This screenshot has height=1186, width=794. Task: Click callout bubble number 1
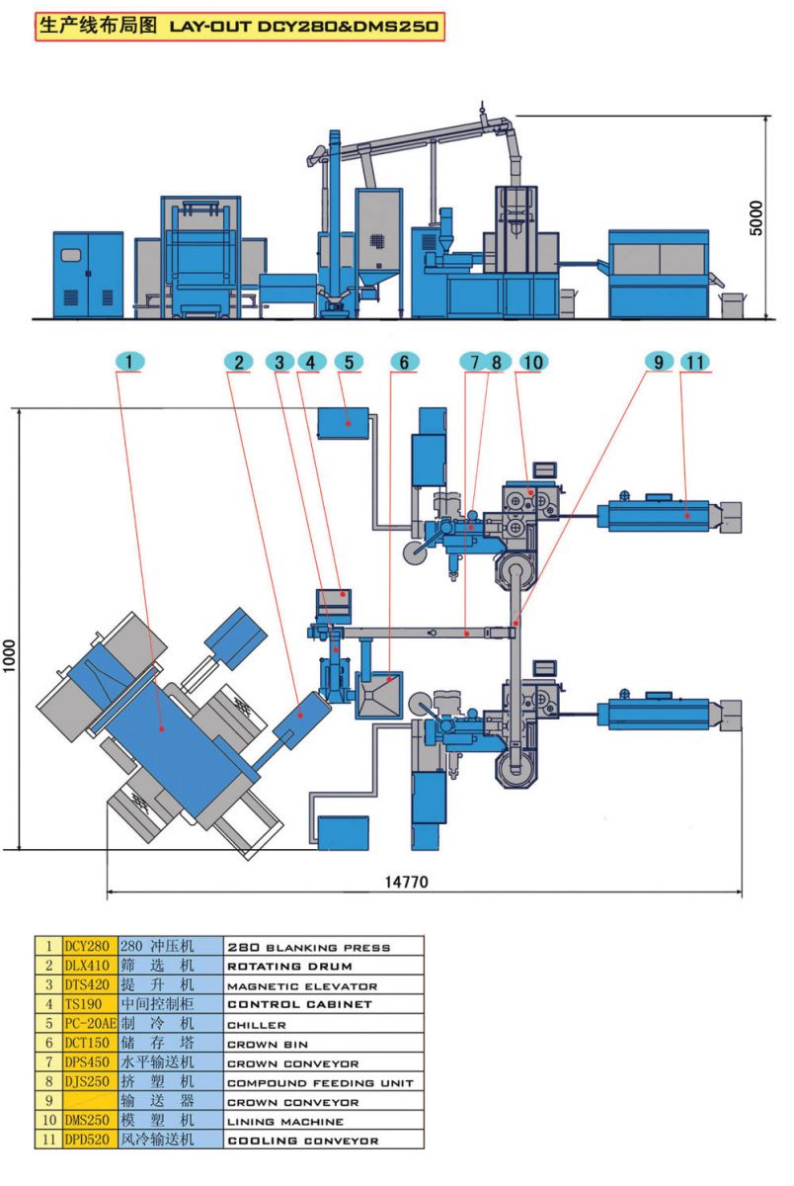click(129, 363)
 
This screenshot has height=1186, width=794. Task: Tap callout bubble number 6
click(402, 363)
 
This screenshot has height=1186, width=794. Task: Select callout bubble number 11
click(695, 363)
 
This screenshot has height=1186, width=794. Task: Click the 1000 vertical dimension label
click(9, 652)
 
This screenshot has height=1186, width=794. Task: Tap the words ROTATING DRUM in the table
click(289, 966)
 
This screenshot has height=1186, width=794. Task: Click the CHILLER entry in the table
click(257, 1025)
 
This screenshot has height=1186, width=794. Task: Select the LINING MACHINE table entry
click(285, 1122)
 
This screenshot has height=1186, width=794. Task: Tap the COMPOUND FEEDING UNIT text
click(320, 1083)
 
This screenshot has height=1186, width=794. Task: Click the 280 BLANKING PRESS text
click(308, 947)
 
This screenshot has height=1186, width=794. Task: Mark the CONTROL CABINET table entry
click(299, 1005)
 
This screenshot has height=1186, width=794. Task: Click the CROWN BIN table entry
click(268, 1044)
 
